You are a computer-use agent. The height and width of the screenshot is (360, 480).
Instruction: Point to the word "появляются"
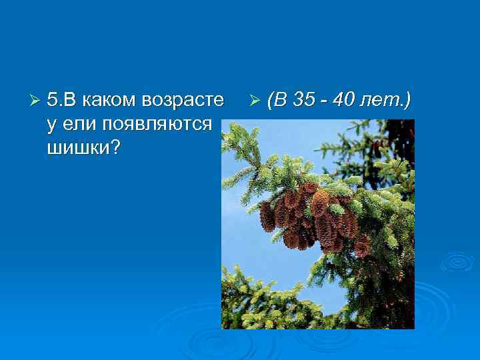coord(157,123)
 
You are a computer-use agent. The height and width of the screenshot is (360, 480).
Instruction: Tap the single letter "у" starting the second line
coord(52,125)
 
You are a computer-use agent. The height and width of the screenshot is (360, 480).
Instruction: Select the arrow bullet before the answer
coord(253,101)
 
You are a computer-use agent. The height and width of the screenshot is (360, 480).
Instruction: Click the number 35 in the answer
coord(305,101)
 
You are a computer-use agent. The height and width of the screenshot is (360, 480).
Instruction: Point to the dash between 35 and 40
coord(326,102)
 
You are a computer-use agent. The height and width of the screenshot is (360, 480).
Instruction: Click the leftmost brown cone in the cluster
coord(267,217)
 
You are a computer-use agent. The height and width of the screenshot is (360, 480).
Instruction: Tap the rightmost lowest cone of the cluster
coord(362,247)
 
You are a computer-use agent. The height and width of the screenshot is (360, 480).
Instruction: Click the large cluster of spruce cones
coord(310,217)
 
